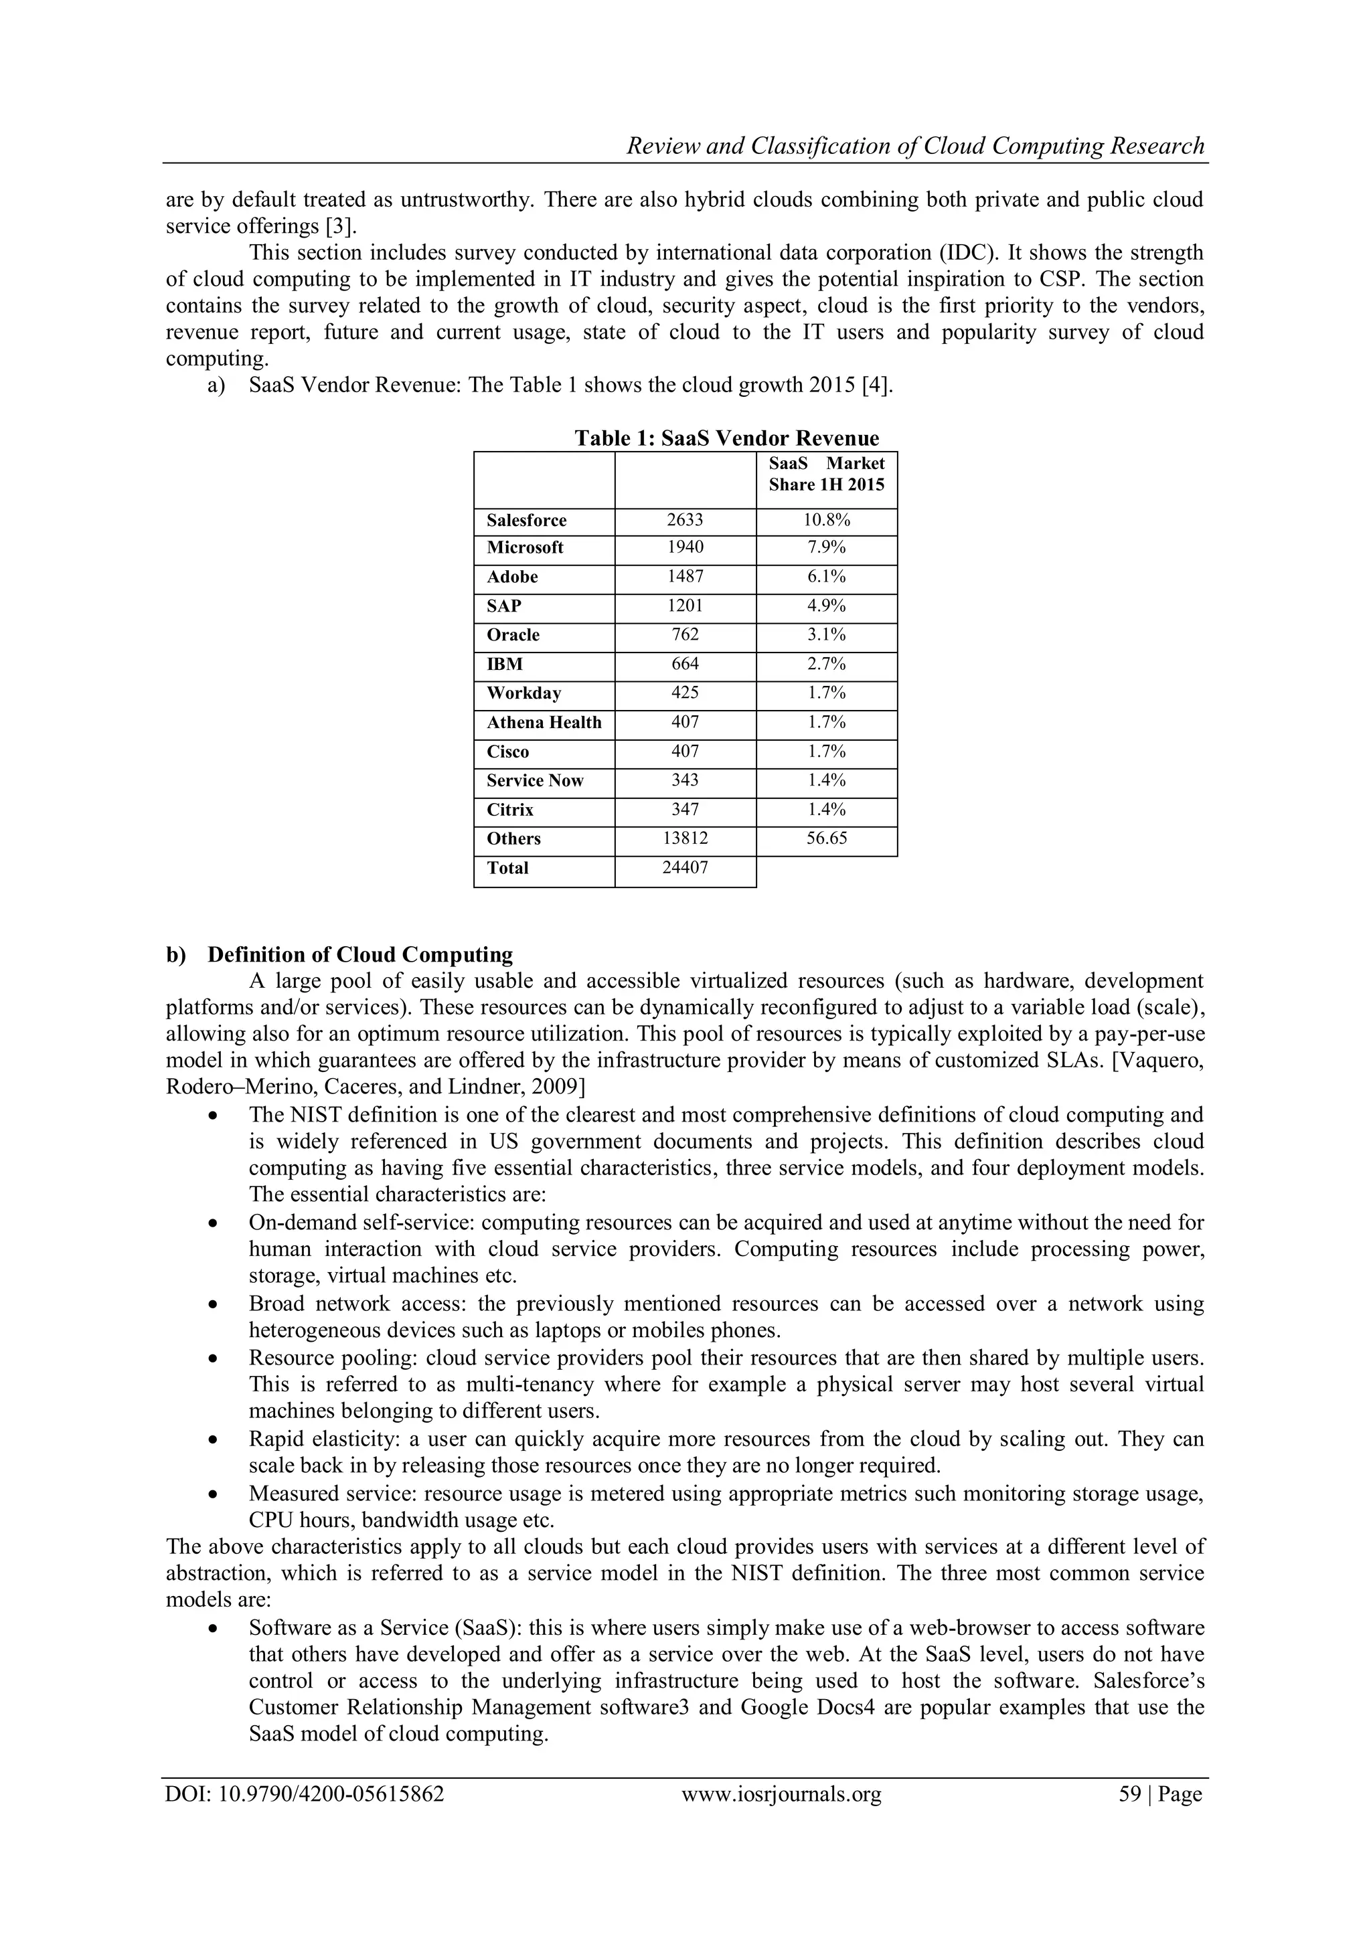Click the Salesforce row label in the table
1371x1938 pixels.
pyautogui.click(x=526, y=521)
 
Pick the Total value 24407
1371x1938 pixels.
pyautogui.click(x=685, y=868)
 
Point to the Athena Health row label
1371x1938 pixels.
pyautogui.click(x=544, y=723)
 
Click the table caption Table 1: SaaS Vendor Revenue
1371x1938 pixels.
pyautogui.click(x=726, y=438)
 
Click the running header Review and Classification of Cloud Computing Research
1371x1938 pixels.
pyautogui.click(x=915, y=146)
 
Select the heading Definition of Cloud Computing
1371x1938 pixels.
pyautogui.click(x=359, y=955)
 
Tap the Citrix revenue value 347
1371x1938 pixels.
pyautogui.click(x=685, y=810)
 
